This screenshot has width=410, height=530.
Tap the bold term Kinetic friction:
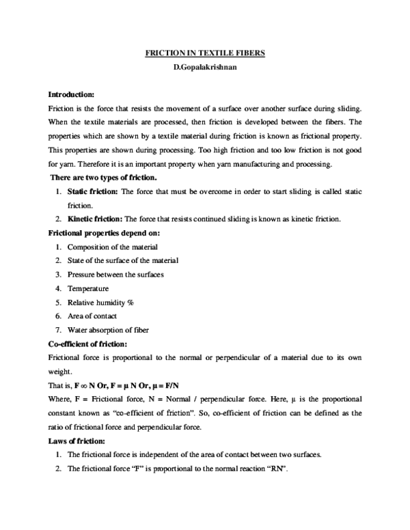(94, 219)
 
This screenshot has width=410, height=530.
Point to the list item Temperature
(88, 288)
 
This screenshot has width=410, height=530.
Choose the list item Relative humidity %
(100, 302)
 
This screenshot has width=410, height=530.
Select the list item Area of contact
(92, 316)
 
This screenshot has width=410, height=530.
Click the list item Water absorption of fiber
(108, 330)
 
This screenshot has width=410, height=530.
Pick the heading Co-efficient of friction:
(87, 344)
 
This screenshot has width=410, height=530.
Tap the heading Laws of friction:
(76, 441)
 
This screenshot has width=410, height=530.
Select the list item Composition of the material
(113, 247)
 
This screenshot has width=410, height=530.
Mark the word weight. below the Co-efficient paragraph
(59, 372)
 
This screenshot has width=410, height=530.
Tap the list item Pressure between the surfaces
(115, 275)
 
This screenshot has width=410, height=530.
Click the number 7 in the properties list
(59, 330)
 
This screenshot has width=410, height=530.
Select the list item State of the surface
(123, 260)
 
